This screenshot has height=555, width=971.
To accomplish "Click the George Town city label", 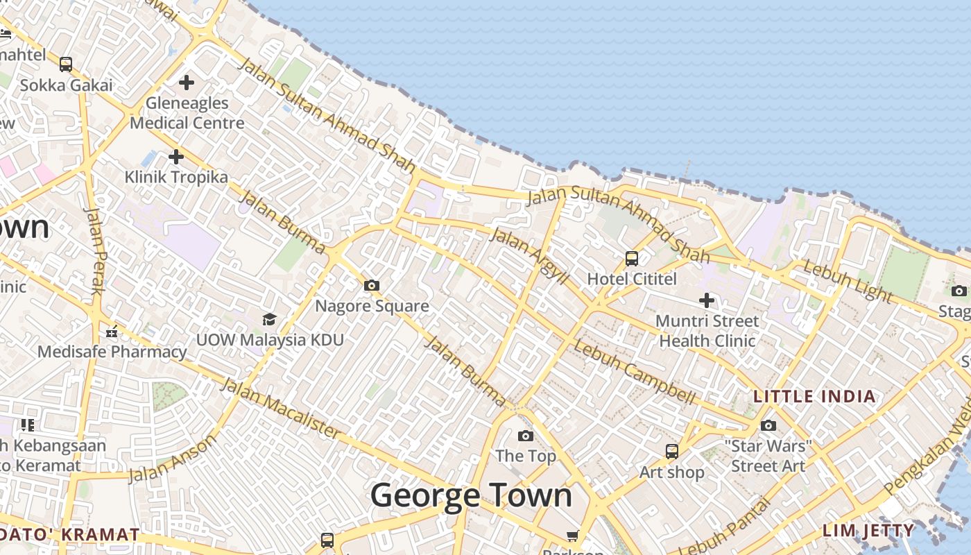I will pos(471,495).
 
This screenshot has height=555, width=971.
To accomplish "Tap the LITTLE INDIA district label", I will pos(814,397).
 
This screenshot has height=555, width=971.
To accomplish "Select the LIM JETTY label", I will pos(868,531).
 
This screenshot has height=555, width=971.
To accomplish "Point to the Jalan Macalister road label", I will pos(281,409).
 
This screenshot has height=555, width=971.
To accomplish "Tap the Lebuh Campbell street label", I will pos(634,372).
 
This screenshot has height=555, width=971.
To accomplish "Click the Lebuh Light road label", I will pos(848,281).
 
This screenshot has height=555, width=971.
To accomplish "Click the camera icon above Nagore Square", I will pos(372,285).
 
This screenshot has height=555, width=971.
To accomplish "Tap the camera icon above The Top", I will pos(526,436).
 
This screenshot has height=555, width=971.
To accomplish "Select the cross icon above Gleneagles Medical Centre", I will pos(187,83).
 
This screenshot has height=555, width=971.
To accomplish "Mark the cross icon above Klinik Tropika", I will pos(176,156).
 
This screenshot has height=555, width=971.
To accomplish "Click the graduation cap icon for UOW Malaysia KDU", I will pos(269,319).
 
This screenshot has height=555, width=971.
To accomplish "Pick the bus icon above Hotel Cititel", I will pos(632,259).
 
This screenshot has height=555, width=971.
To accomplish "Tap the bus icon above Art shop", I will pos(671,452).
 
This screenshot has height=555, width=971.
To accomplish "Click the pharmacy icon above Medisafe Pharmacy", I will pos(112,332).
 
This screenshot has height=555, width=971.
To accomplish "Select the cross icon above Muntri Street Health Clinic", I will pos(707,300).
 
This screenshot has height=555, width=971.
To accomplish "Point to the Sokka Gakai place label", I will pos(66,85).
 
